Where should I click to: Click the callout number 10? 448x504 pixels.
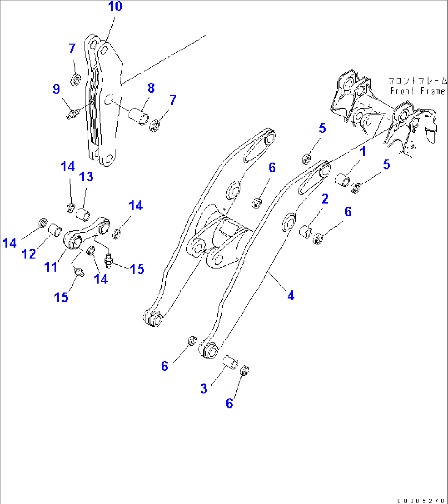(x=115, y=7)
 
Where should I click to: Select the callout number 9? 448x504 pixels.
(x=56, y=89)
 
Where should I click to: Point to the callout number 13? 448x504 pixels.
(x=86, y=177)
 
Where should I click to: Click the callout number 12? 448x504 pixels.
(x=29, y=254)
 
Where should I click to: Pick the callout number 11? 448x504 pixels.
(x=51, y=267)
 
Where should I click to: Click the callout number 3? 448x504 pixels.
(x=203, y=388)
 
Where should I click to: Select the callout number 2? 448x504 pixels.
(x=325, y=200)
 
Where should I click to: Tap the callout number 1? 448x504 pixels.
(x=363, y=152)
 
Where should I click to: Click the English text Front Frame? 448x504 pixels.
(x=418, y=91)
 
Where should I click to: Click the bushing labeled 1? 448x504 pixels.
(x=344, y=180)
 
